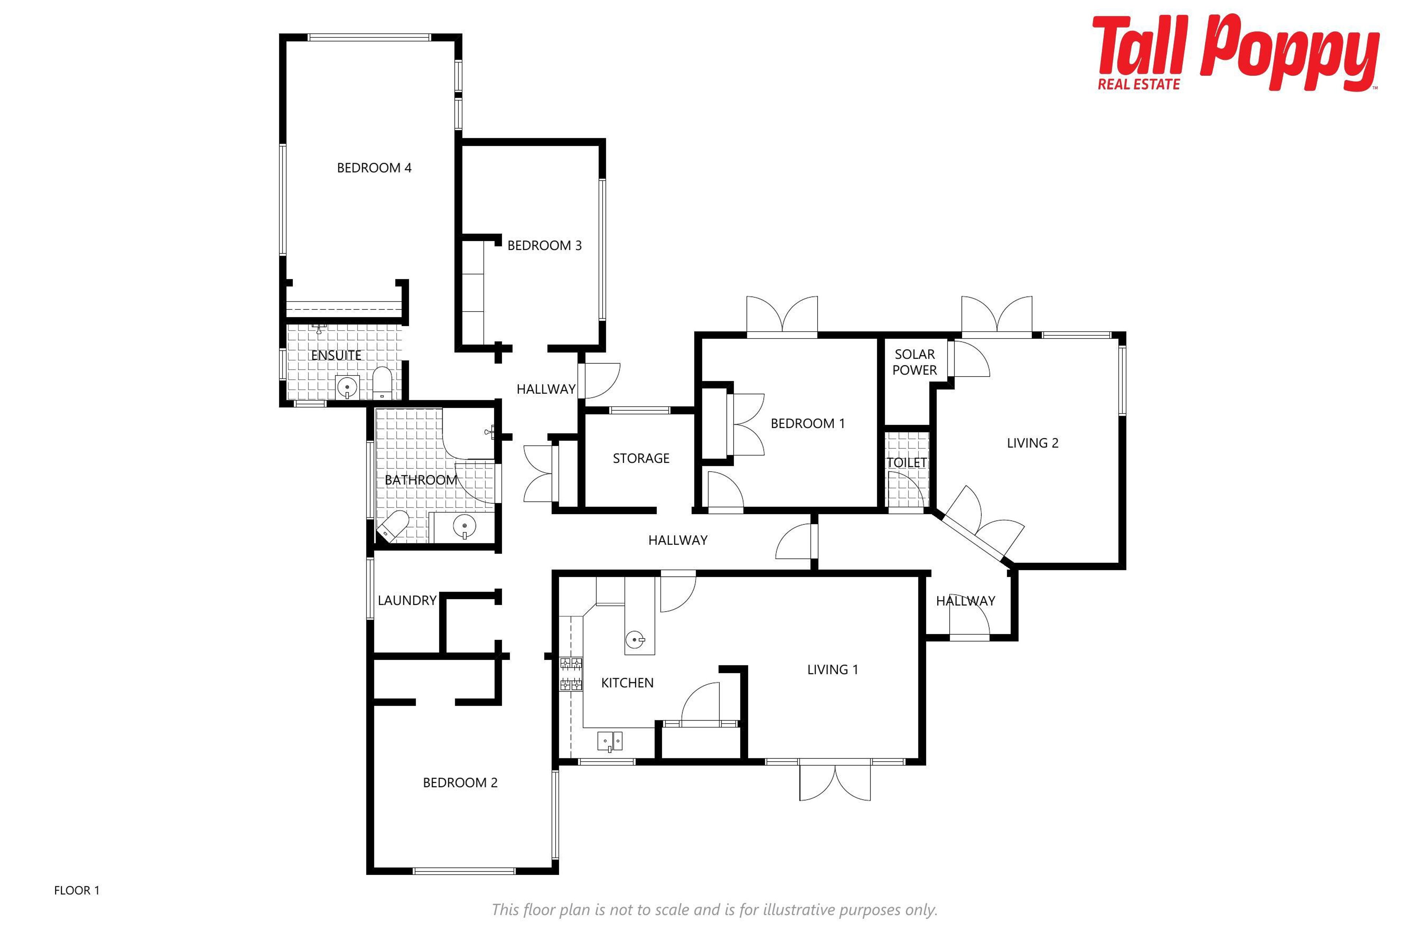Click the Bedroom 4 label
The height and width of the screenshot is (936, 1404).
(374, 168)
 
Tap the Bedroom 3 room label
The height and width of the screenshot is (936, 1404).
(544, 245)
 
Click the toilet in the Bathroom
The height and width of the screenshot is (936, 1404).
(392, 525)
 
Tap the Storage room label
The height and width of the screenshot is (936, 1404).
(641, 458)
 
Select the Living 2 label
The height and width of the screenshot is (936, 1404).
(1033, 443)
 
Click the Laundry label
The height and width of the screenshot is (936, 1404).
(407, 600)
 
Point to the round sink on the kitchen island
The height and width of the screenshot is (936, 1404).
(635, 641)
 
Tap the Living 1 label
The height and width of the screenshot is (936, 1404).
(833, 670)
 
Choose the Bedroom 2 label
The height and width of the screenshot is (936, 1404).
(460, 782)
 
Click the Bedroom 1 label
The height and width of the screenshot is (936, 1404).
(808, 424)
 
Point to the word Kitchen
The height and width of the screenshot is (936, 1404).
(627, 683)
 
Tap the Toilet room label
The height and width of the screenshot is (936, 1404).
(907, 463)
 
